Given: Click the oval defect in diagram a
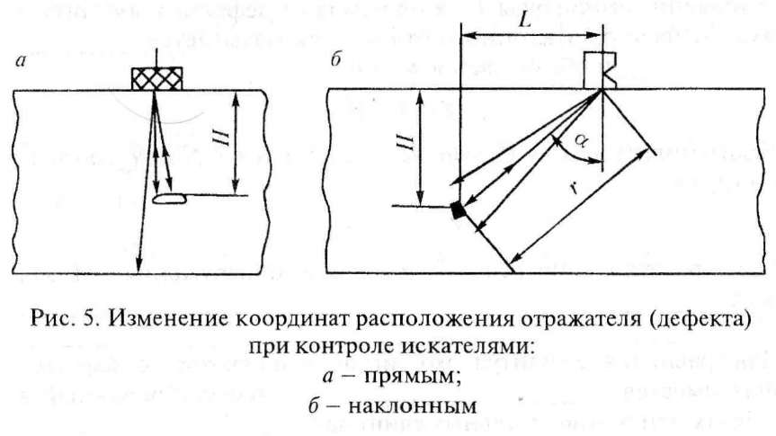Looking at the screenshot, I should coord(170,199).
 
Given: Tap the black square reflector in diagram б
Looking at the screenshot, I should coord(459,209).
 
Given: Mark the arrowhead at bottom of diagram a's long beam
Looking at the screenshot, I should coord(138,266).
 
